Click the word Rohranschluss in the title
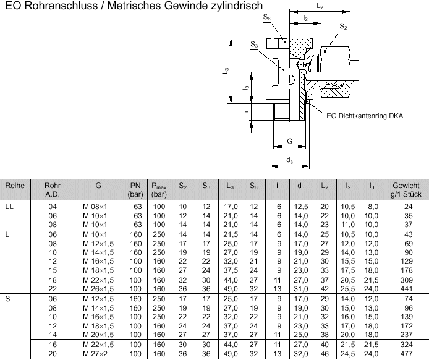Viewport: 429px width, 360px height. (x=61, y=6)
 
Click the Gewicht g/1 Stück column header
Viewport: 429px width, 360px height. (x=406, y=190)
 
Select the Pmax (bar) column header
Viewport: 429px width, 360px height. (x=159, y=190)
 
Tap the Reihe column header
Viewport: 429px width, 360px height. (x=15, y=186)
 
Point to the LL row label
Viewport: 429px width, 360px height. (x=9, y=207)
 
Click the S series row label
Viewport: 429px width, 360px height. (x=7, y=299)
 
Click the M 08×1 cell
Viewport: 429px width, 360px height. (x=95, y=207)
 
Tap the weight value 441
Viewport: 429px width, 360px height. (x=406, y=289)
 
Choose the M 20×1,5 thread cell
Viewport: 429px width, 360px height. (x=98, y=335)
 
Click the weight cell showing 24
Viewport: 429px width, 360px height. (x=408, y=207)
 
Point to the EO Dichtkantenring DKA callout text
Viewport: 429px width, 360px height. (x=365, y=116)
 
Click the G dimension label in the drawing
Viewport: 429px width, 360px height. (x=289, y=141)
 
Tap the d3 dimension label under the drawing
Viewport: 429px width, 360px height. (x=289, y=160)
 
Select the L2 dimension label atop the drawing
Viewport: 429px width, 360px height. (x=320, y=6)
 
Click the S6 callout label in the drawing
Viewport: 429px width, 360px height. (x=267, y=17)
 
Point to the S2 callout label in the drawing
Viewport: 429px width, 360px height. (x=343, y=26)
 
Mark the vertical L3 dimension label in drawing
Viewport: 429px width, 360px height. (x=226, y=71)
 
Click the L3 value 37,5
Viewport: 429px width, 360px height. (x=231, y=270)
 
